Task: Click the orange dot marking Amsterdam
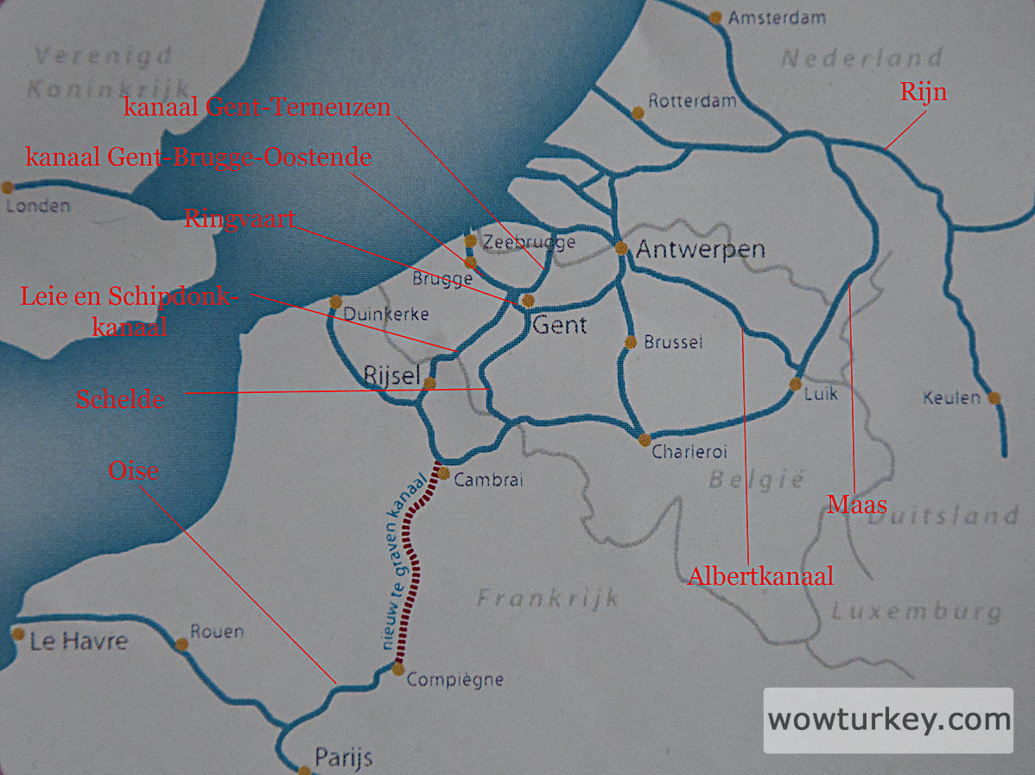click(x=715, y=16)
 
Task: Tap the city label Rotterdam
click(x=692, y=100)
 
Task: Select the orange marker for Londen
click(x=8, y=187)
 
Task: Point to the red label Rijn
click(x=924, y=92)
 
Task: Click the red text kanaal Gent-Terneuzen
click(x=257, y=107)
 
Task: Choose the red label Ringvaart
click(x=239, y=218)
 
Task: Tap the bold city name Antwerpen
click(x=701, y=250)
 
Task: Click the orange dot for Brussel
click(x=631, y=342)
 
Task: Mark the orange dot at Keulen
click(x=994, y=398)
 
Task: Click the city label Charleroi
click(x=689, y=451)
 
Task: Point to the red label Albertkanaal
click(x=760, y=576)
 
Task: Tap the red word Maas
click(x=857, y=504)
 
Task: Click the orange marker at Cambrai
click(x=442, y=473)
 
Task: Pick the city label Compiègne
click(x=454, y=680)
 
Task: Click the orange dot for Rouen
click(x=181, y=645)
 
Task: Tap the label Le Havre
click(x=78, y=641)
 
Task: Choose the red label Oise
click(x=134, y=471)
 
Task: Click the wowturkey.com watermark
click(x=888, y=720)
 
